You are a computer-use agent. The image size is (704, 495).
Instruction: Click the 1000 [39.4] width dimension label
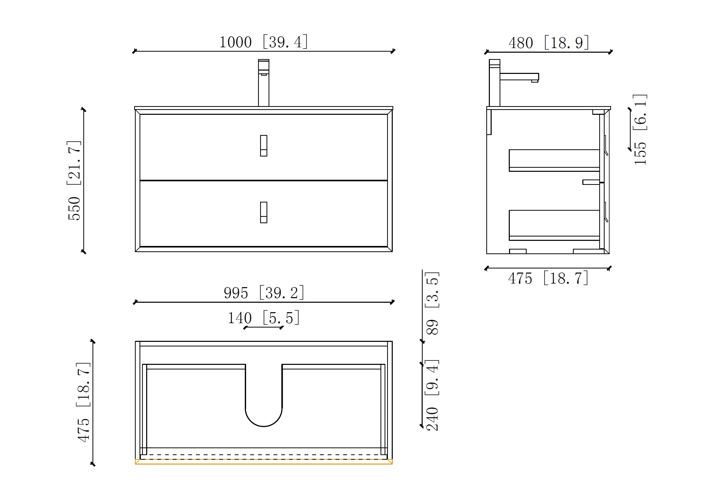pyautogui.click(x=263, y=42)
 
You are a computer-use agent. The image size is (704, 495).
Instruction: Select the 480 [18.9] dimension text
pyautogui.click(x=549, y=43)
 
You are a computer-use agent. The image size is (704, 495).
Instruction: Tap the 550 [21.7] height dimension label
pyautogui.click(x=74, y=181)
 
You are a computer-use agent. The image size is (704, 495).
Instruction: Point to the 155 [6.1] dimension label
pyautogui.click(x=640, y=130)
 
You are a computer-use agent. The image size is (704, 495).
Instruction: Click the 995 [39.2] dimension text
pyautogui.click(x=264, y=293)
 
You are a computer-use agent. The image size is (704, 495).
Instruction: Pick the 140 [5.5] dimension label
pyautogui.click(x=263, y=318)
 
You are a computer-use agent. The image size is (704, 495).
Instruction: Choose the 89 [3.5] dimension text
pyautogui.click(x=432, y=303)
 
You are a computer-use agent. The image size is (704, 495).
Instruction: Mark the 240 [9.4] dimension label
pyautogui.click(x=432, y=396)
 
